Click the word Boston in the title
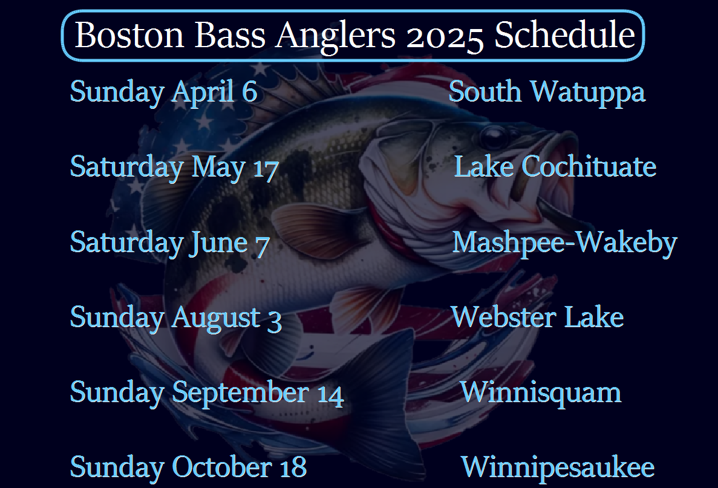[x=129, y=35]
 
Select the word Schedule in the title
[x=564, y=35]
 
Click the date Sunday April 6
[x=163, y=93]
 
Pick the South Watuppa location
[x=547, y=93]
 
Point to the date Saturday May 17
[x=174, y=168]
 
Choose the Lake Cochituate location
[x=555, y=166]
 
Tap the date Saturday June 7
[x=169, y=243]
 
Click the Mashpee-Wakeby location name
[x=564, y=243]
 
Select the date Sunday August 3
[x=175, y=318]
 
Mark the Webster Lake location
[x=538, y=317]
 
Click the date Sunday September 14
[x=206, y=393]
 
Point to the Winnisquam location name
[x=541, y=393]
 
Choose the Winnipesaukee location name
[x=557, y=468]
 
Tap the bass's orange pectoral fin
[x=316, y=229]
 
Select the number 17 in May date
[x=266, y=169]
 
